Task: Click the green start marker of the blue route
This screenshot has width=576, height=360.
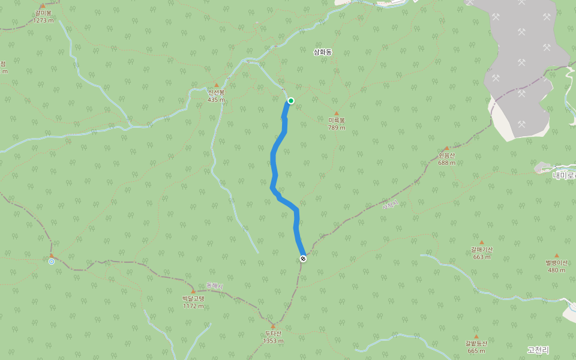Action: tap(290, 101)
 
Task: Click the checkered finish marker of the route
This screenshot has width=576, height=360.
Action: tap(304, 259)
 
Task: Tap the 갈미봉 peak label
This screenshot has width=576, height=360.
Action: tap(43, 13)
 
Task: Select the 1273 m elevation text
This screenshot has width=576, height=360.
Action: tap(43, 20)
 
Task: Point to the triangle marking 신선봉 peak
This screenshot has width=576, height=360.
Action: tap(217, 85)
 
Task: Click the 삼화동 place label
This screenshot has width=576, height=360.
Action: tap(322, 52)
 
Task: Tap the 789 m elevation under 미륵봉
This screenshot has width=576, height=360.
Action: tap(337, 127)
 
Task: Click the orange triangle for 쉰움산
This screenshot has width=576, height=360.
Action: tap(446, 148)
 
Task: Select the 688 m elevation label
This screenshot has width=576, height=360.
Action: tap(446, 163)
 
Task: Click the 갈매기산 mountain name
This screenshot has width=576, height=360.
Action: tap(481, 250)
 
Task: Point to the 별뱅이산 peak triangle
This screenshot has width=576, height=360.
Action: tap(556, 256)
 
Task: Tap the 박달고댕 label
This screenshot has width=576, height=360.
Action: tap(193, 298)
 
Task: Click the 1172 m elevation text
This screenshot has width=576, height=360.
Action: tap(193, 306)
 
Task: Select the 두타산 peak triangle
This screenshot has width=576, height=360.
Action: tap(273, 326)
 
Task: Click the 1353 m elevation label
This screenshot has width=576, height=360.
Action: tap(273, 341)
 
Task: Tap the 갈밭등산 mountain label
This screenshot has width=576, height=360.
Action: tap(476, 343)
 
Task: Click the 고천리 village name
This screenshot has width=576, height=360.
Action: tap(538, 350)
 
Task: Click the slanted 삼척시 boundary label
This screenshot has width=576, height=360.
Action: tap(390, 205)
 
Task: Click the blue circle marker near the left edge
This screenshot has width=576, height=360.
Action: tap(52, 261)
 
